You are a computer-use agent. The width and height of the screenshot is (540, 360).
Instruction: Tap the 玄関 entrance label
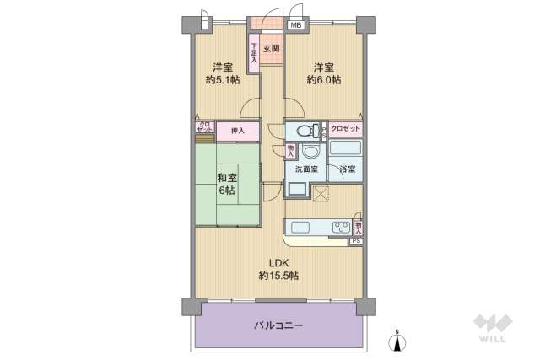(271, 49)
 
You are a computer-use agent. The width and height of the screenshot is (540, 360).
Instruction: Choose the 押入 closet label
(237, 131)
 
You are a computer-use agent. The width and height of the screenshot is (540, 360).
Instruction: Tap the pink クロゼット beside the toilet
(345, 128)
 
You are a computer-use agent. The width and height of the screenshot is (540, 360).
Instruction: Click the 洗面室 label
(305, 169)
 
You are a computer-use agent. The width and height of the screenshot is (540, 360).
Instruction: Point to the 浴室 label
(347, 169)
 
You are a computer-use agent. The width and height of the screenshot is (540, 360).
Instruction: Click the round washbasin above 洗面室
(309, 153)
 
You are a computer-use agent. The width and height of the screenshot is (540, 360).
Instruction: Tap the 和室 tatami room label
(226, 178)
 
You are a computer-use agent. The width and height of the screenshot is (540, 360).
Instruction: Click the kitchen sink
(301, 227)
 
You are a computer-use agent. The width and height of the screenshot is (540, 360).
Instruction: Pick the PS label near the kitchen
(357, 241)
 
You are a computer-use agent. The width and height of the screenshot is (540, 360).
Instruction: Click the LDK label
(278, 261)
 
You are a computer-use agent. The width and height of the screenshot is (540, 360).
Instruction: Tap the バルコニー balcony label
(278, 325)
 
